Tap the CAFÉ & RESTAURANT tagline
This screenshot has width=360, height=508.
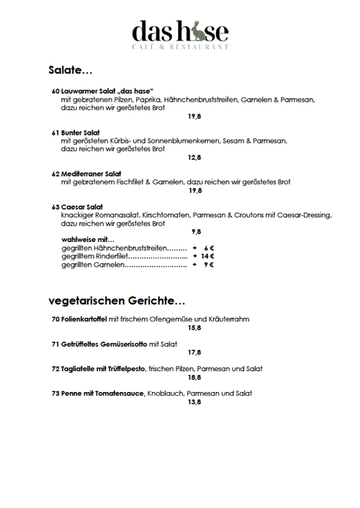tap(180, 46)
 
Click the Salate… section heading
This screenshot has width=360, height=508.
tap(71, 71)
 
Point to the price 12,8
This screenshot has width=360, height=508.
tap(194, 157)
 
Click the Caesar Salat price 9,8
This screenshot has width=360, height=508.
tap(196, 231)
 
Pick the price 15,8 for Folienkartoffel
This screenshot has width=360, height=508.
tap(194, 328)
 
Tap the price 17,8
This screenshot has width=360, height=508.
tap(194, 352)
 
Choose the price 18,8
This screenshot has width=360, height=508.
tap(194, 377)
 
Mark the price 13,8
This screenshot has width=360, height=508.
tap(194, 401)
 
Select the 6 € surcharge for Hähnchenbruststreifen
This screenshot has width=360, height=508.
tap(210, 247)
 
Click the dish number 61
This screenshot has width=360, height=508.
tap(55, 133)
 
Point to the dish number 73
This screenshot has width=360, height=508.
tap(55, 393)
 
